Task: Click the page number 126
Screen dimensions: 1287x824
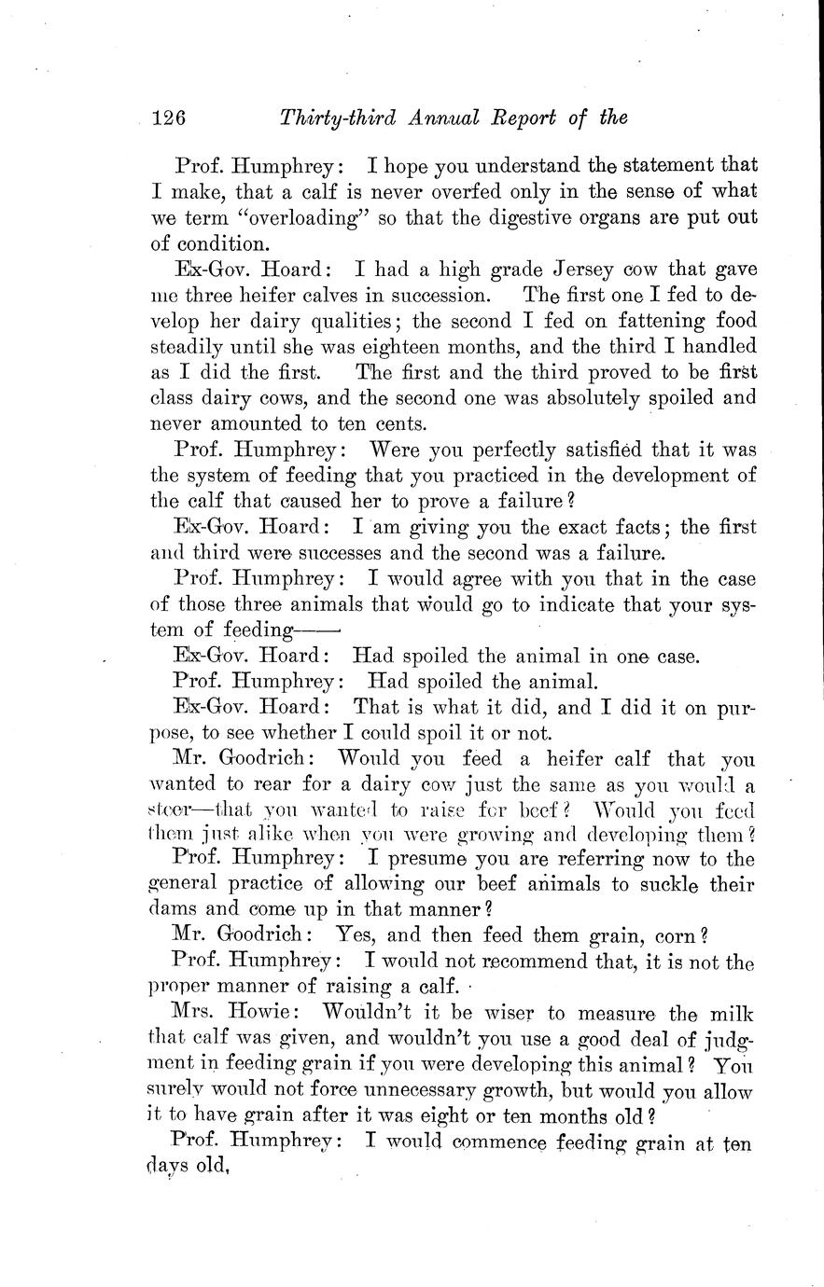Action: click(x=170, y=118)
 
